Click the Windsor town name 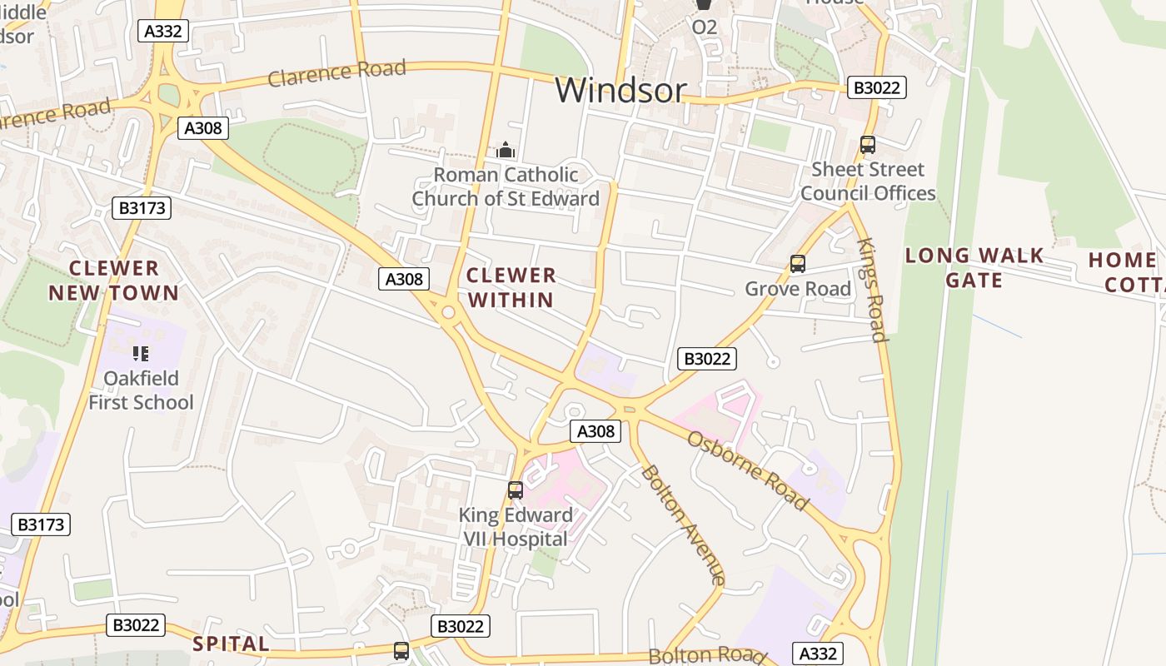tap(620, 90)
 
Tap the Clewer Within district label tap(511, 287)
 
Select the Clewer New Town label tap(113, 281)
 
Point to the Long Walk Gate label tap(974, 267)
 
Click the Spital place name tap(232, 644)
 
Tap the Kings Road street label tap(871, 290)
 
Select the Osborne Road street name tap(747, 470)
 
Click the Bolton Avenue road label tap(682, 524)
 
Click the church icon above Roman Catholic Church tap(505, 151)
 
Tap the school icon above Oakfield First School tap(141, 354)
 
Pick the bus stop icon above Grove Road tap(798, 265)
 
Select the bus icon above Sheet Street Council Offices tap(867, 145)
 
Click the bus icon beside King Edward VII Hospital tap(516, 490)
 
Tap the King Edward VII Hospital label tap(516, 527)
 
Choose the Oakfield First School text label tap(141, 390)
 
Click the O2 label tap(704, 27)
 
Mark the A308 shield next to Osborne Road tap(595, 430)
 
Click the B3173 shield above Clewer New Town tap(142, 208)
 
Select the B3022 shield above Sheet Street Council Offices tap(876, 87)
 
